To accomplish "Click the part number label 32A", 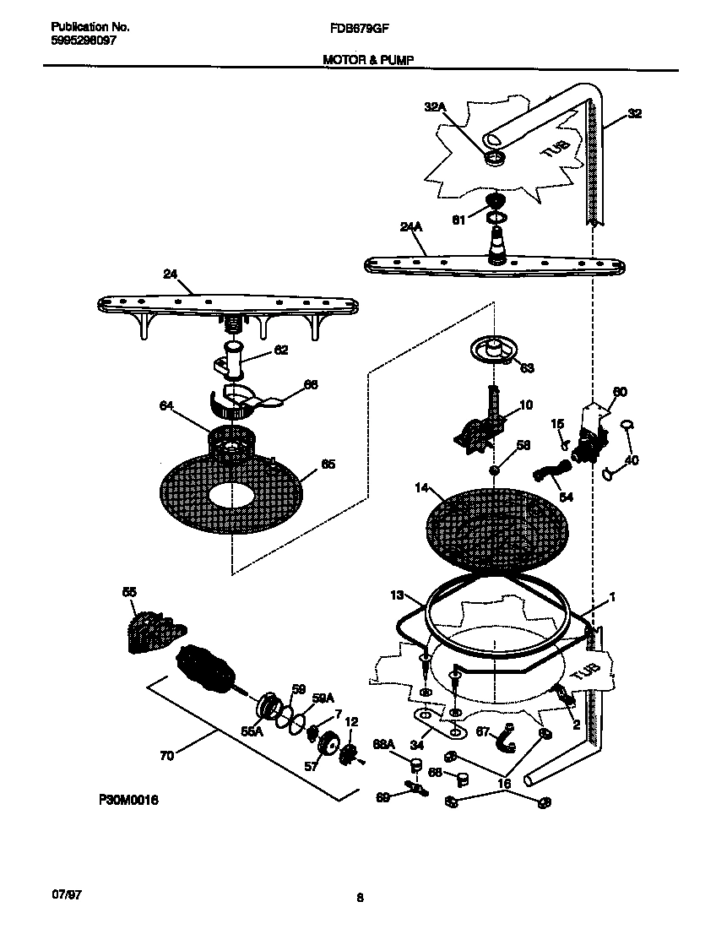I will pyautogui.click(x=434, y=106).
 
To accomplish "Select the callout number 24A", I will pyautogui.click(x=411, y=226).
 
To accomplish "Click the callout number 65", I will pyautogui.click(x=328, y=464).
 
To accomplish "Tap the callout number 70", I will pyautogui.click(x=167, y=756).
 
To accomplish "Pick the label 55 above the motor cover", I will pyautogui.click(x=128, y=593).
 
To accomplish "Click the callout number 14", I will pyautogui.click(x=421, y=488).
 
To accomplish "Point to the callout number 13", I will pyautogui.click(x=398, y=596).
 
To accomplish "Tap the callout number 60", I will pyautogui.click(x=619, y=392).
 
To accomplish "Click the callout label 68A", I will pyautogui.click(x=383, y=744).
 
